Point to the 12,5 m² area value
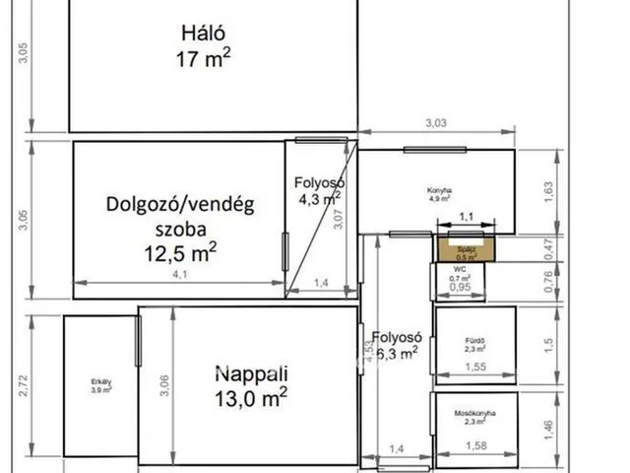[180, 253]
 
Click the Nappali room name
[251, 373]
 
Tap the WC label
[460, 268]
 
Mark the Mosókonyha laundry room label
[474, 414]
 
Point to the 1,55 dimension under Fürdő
[475, 368]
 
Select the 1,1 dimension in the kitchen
[467, 216]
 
